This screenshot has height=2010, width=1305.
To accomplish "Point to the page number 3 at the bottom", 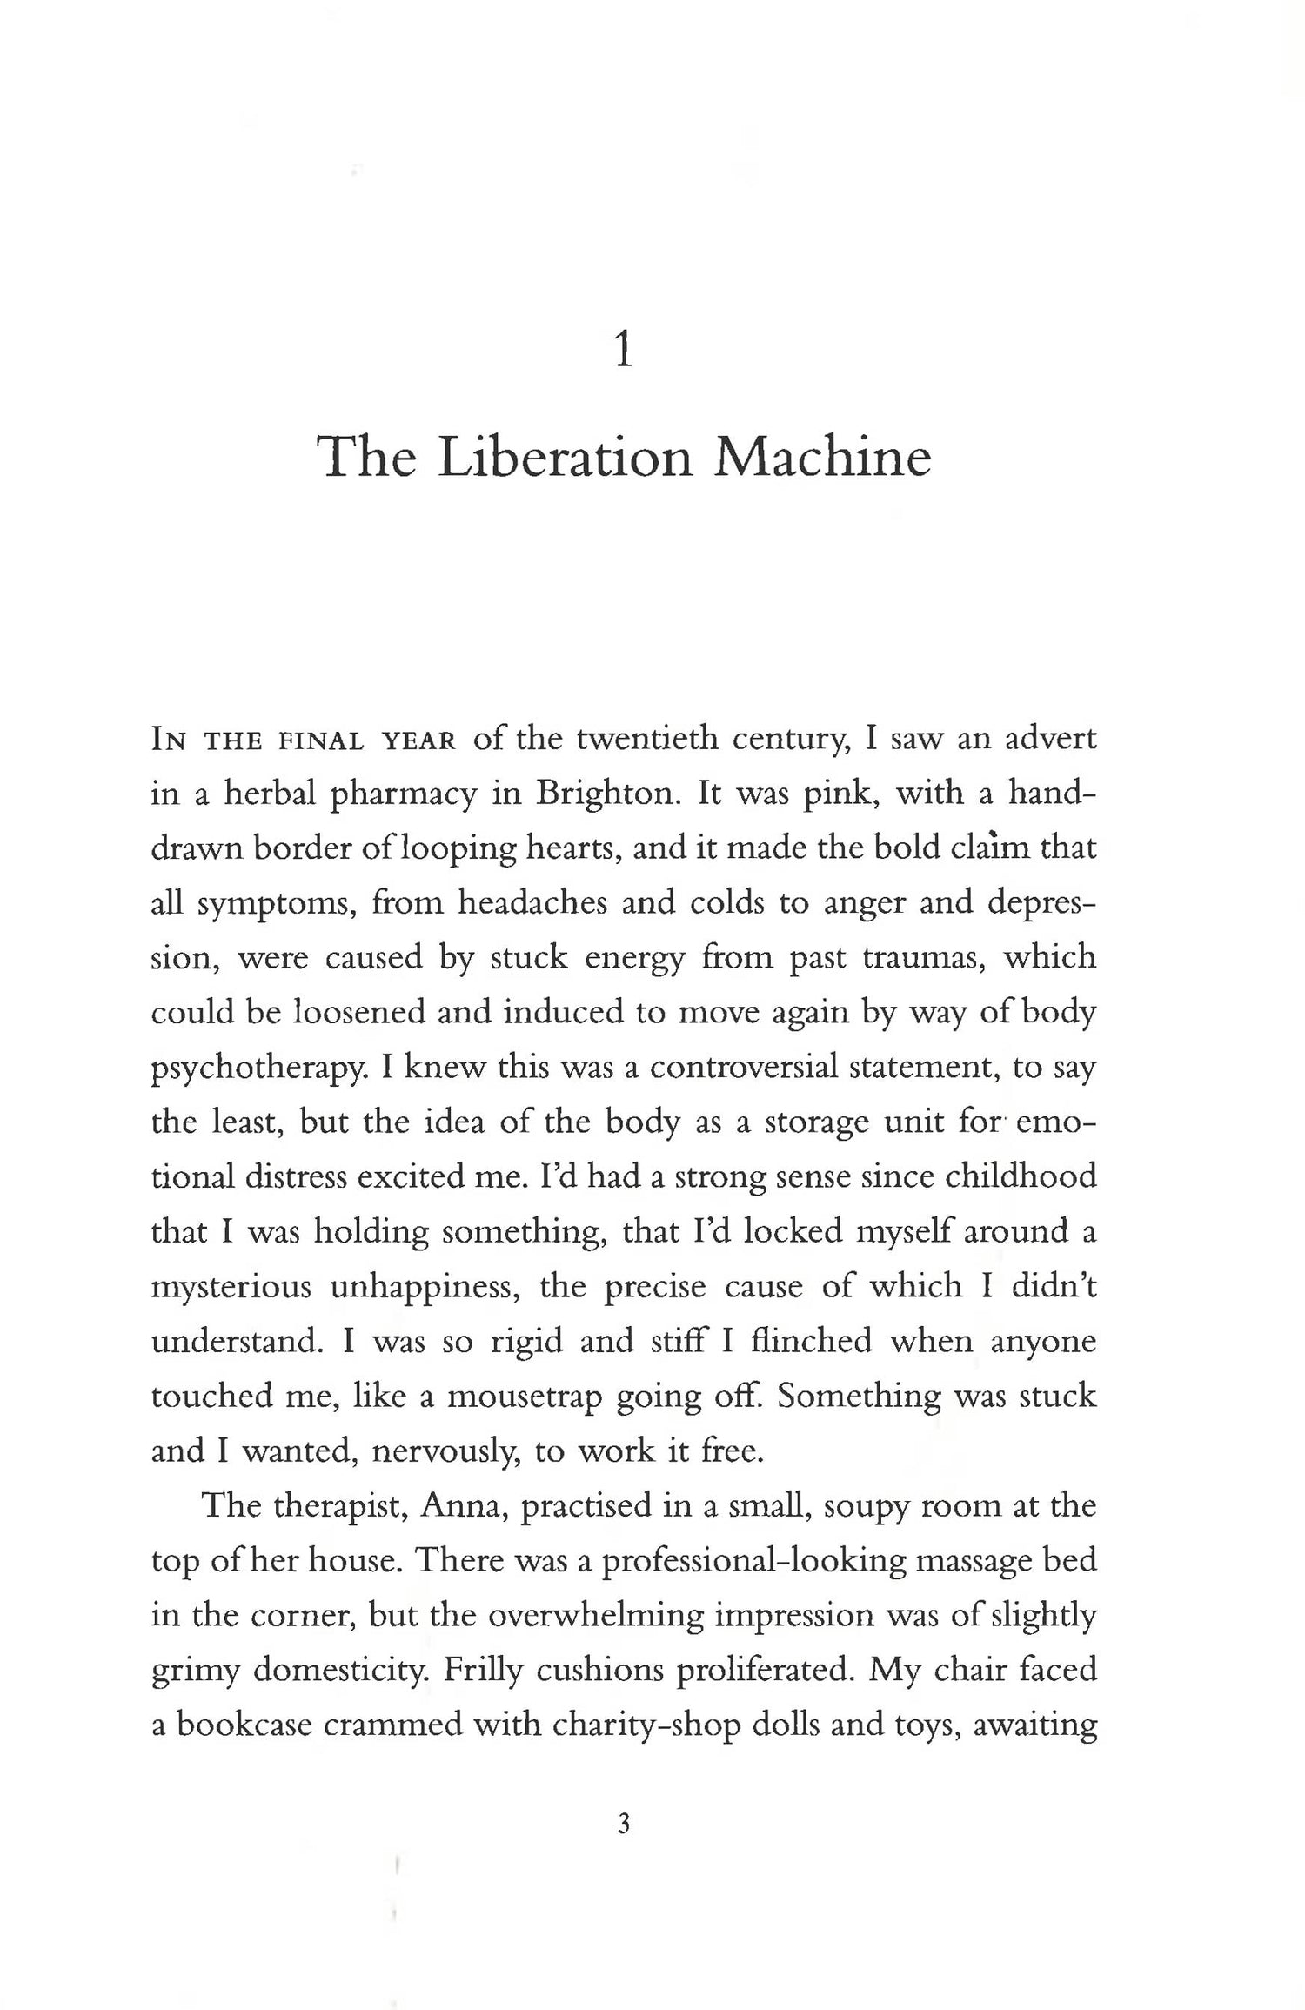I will (623, 1823).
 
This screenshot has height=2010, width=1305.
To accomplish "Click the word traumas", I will (923, 957).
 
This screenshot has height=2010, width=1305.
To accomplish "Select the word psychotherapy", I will (256, 1068).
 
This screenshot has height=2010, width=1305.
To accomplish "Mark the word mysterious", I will (231, 1287).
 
